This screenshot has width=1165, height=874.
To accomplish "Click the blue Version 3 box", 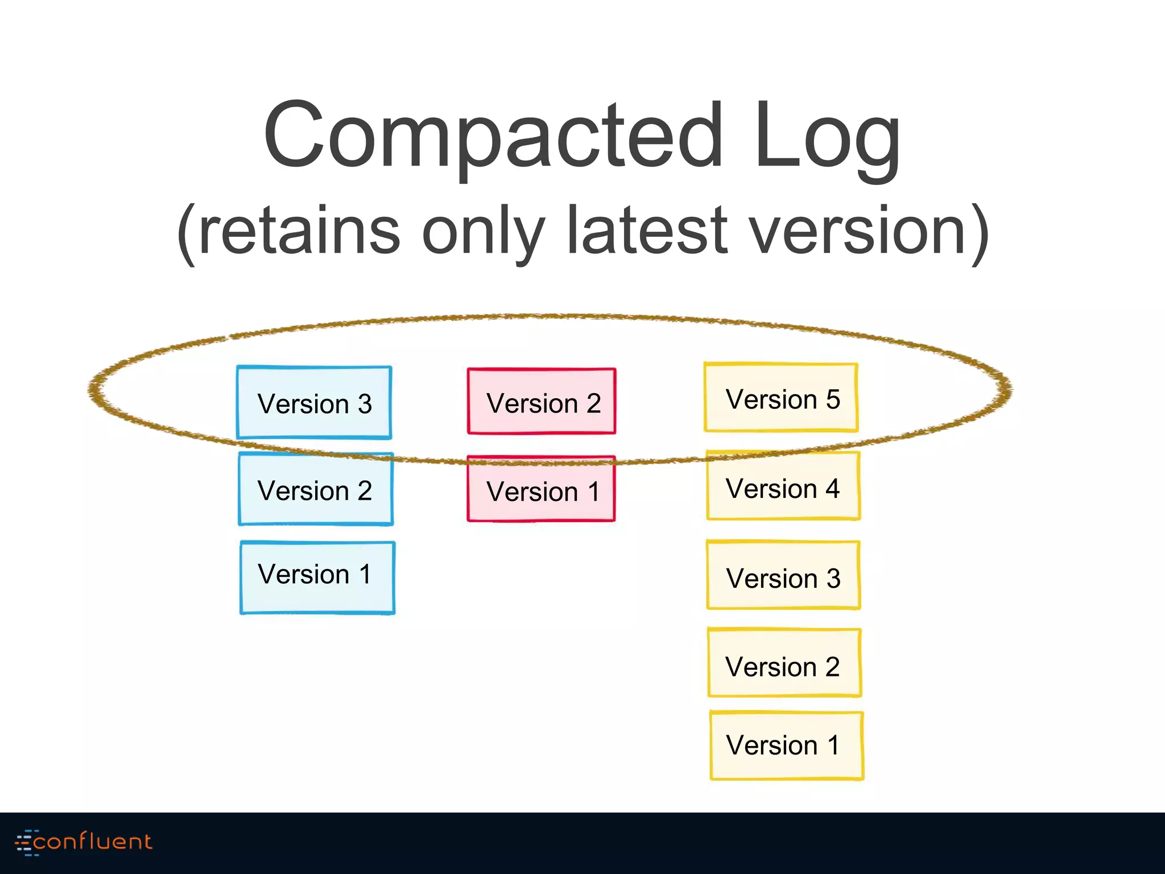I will point(314,402).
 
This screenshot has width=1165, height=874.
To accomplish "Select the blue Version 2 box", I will point(316,489).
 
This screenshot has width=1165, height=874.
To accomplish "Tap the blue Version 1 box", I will point(317,577).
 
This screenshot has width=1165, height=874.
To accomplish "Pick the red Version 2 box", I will point(542,401).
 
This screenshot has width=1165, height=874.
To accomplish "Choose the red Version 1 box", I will point(541,489).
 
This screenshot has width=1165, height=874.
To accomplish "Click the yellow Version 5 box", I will point(781,398).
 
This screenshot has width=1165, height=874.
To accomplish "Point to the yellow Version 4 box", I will point(783,486).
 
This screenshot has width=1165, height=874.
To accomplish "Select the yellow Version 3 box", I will point(783,575).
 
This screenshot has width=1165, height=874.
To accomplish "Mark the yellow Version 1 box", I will point(787,745).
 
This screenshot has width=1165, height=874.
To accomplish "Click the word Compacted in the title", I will point(493,136).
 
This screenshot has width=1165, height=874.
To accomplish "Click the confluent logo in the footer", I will point(84,842).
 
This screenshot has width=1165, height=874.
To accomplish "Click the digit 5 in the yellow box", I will point(833,399).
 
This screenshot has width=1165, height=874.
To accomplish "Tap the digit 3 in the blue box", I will point(365,404).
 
